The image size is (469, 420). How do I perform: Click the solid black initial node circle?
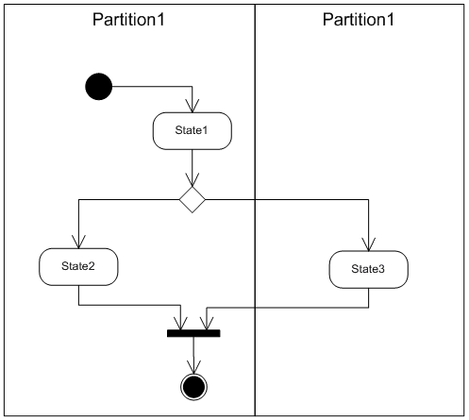pyautogui.click(x=99, y=87)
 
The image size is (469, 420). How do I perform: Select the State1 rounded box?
pyautogui.click(x=193, y=131)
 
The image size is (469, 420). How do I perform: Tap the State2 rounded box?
pyautogui.click(x=78, y=267)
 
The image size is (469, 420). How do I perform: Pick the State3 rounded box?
pyautogui.click(x=369, y=270)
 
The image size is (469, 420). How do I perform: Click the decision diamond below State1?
pyautogui.click(x=193, y=200)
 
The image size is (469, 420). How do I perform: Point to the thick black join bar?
pyautogui.click(x=193, y=333)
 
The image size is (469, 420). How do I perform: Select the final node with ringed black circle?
pyautogui.click(x=193, y=387)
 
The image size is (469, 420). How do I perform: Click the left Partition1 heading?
pyautogui.click(x=128, y=20)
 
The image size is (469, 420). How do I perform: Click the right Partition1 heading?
pyautogui.click(x=359, y=20)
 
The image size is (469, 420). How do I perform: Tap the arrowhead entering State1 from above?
pyautogui.click(x=193, y=106)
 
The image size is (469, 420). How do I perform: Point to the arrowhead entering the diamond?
pyautogui.click(x=193, y=180)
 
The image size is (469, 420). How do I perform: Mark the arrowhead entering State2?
pyautogui.click(x=78, y=242)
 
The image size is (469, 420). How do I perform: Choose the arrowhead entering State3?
pyautogui.click(x=369, y=244)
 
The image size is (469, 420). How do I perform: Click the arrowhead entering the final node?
pyautogui.click(x=193, y=367)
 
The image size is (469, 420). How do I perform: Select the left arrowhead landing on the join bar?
pyautogui.click(x=180, y=323)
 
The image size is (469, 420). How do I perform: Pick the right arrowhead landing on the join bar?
pyautogui.click(x=207, y=323)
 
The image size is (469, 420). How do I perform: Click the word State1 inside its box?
pyautogui.click(x=192, y=130)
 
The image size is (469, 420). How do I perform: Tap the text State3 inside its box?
pyautogui.click(x=368, y=269)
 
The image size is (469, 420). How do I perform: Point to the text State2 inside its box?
pyautogui.click(x=78, y=266)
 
